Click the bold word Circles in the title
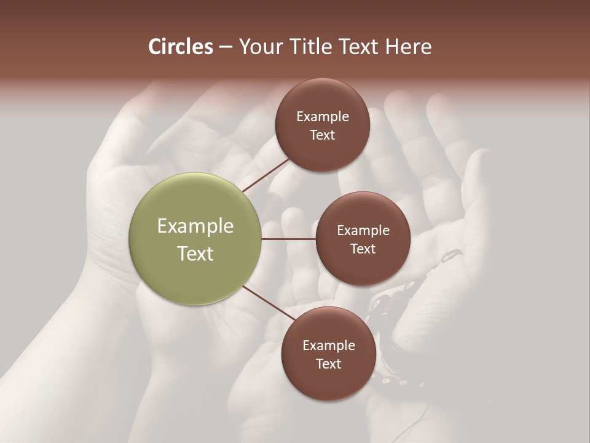(181, 47)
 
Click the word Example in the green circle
(195, 226)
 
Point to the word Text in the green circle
(195, 253)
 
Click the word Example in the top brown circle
(322, 117)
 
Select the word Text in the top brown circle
(322, 135)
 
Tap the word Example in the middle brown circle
(363, 231)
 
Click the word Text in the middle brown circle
(363, 249)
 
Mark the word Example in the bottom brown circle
(328, 346)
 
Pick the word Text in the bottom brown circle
(328, 364)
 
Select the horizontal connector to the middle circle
(288, 239)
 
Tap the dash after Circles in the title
(225, 47)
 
